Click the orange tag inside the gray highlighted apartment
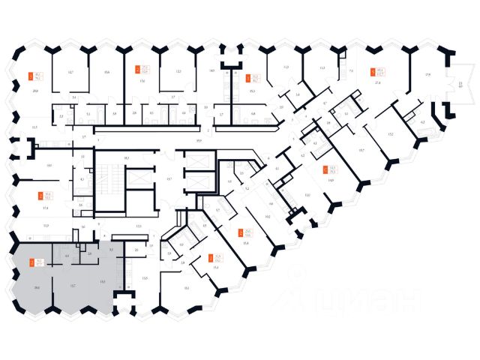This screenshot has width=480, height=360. [31, 262]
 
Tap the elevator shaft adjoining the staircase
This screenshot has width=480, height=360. [136, 180]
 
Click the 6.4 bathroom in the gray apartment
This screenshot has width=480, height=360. [67, 256]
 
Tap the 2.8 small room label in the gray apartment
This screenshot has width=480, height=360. [89, 253]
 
